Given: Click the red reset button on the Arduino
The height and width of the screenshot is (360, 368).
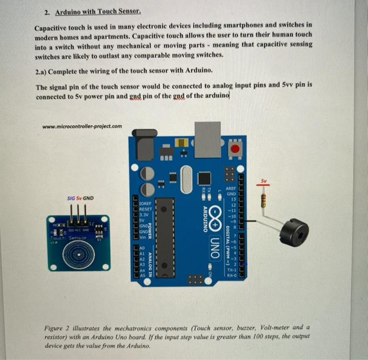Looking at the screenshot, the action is coord(235,149).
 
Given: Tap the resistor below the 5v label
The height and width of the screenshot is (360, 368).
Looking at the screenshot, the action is coord(264,197).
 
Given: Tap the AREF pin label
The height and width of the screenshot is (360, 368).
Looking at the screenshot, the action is coord(230,188).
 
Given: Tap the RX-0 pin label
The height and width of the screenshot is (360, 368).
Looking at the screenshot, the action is coord(231,274).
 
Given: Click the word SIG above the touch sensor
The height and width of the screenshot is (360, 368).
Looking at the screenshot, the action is coord(72,198).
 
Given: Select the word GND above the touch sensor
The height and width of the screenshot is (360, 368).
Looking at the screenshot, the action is coord(88,198).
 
